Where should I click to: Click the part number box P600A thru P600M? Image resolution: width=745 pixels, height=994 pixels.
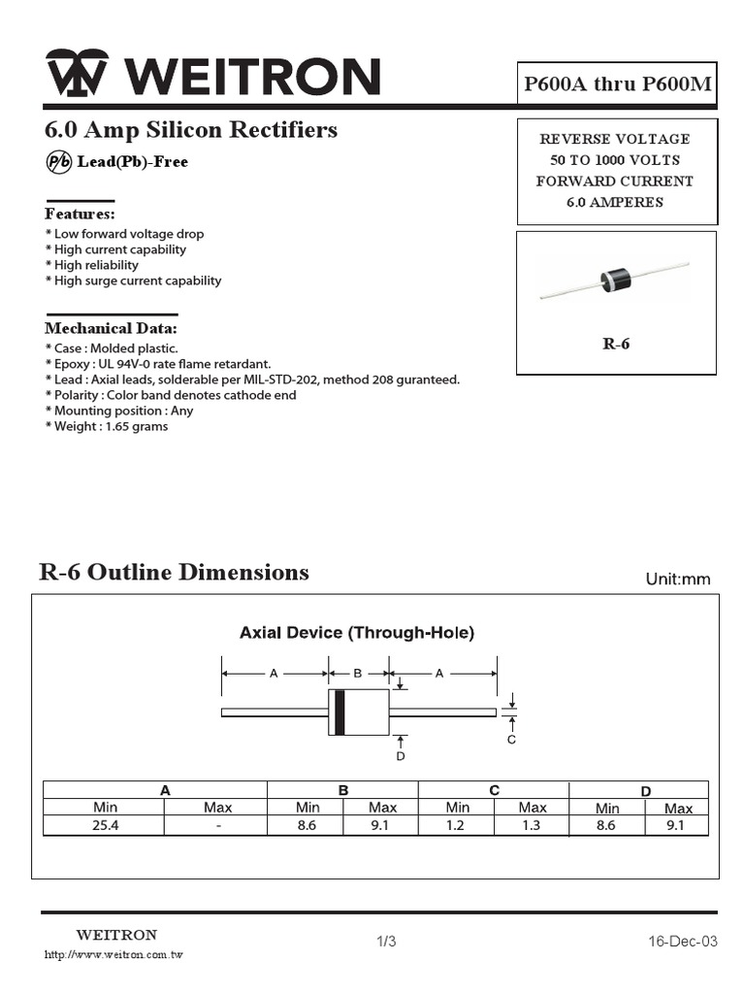(x=618, y=84)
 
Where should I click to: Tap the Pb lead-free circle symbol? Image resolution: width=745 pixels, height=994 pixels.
(x=58, y=162)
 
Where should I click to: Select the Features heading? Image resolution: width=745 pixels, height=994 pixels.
(x=80, y=214)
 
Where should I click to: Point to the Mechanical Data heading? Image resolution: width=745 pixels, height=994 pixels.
(x=111, y=329)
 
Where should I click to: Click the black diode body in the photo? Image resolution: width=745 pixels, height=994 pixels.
(x=615, y=279)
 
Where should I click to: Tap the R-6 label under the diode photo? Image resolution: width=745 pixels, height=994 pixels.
(x=616, y=344)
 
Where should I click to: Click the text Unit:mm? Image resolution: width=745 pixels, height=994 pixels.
(x=678, y=580)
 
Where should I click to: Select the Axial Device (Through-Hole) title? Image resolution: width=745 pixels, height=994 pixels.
(x=357, y=633)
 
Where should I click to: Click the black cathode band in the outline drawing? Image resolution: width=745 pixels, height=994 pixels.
(x=340, y=712)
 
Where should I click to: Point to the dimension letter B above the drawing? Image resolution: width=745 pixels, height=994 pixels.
(x=357, y=673)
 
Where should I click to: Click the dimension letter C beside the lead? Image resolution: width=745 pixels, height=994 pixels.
(x=512, y=740)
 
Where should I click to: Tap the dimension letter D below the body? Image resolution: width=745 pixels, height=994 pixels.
(x=400, y=756)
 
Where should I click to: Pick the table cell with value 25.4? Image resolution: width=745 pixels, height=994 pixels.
(x=105, y=826)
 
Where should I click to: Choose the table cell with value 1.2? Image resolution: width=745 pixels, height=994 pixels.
(x=456, y=826)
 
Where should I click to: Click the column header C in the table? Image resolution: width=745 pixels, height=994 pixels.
(x=494, y=790)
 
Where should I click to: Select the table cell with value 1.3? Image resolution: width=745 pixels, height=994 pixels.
(x=532, y=826)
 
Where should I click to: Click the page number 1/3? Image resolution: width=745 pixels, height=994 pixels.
(x=386, y=942)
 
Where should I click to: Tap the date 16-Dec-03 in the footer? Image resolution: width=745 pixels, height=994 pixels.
(x=683, y=942)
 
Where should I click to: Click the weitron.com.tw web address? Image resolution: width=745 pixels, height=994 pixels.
(x=114, y=955)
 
